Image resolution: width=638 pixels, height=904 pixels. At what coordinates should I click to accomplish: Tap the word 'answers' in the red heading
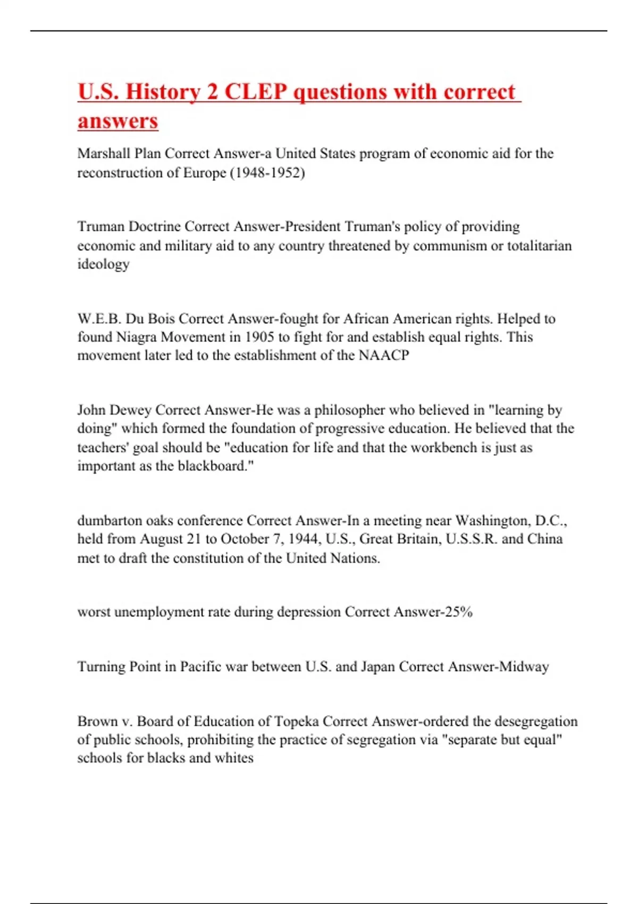pyautogui.click(x=118, y=121)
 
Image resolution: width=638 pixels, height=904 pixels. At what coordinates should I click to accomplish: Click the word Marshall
pyautogui.click(x=104, y=154)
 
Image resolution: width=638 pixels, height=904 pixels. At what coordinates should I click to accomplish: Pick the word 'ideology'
pyautogui.click(x=103, y=264)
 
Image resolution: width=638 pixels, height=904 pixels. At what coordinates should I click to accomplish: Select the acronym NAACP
pyautogui.click(x=384, y=355)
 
